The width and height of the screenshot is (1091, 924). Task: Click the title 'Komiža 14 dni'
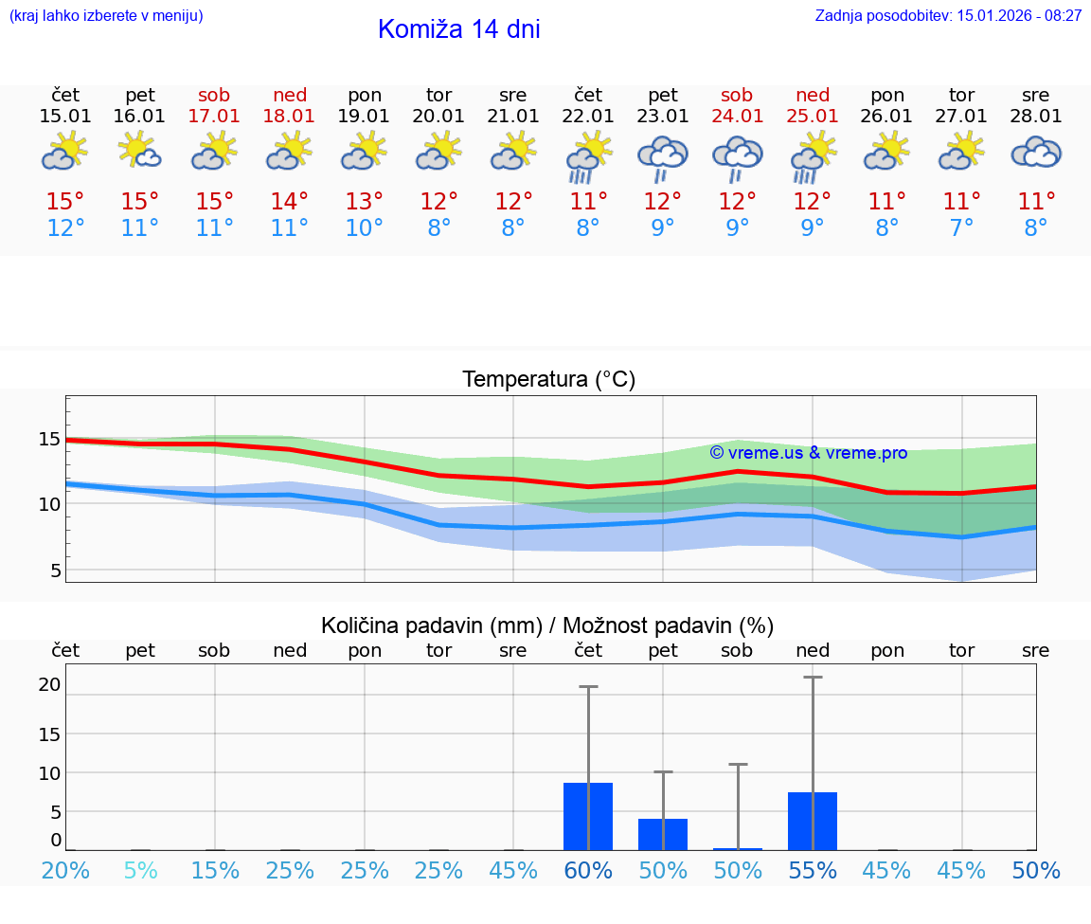click(x=458, y=29)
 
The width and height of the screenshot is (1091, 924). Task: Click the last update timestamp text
click(x=948, y=16)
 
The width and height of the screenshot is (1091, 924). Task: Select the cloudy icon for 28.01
click(x=1036, y=153)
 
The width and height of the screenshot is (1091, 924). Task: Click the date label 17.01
click(x=215, y=117)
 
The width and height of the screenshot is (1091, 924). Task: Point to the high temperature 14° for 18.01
click(x=289, y=201)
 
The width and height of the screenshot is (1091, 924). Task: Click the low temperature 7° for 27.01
click(x=961, y=227)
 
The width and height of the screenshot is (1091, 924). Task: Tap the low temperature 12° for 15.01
click(x=65, y=227)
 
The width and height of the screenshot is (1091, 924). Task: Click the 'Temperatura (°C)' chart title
click(x=548, y=380)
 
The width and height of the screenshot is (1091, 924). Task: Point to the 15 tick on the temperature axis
click(x=50, y=439)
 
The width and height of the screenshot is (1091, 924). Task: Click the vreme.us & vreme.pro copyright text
click(x=808, y=453)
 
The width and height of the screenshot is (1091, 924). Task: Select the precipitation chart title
click(x=547, y=625)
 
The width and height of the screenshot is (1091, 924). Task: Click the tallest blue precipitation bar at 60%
click(x=588, y=816)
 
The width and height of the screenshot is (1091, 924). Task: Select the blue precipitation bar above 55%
click(x=813, y=821)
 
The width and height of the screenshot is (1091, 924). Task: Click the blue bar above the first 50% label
click(x=663, y=834)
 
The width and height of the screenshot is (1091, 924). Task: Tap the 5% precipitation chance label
click(x=140, y=870)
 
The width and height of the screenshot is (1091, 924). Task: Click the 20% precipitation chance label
click(x=65, y=870)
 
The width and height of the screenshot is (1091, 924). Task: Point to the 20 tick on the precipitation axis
click(x=50, y=684)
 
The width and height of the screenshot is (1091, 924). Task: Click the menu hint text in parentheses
click(x=106, y=16)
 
